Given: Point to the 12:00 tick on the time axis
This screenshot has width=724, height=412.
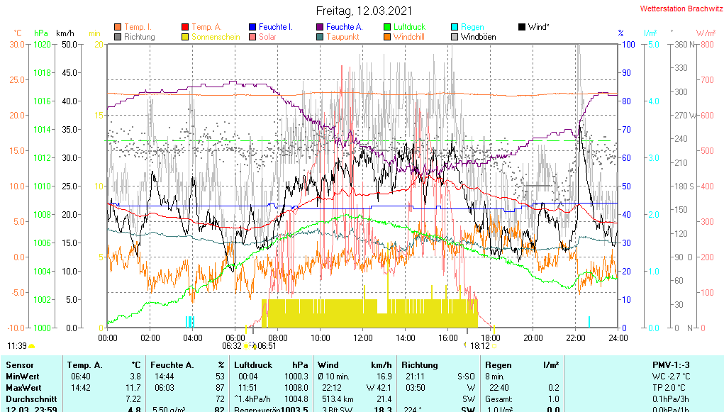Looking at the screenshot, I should (x=362, y=338).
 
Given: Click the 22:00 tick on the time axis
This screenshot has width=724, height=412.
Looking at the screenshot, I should (x=575, y=338).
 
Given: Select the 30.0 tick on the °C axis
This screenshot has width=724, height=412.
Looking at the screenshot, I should (x=17, y=44).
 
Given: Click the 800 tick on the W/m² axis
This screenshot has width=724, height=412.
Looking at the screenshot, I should (x=706, y=44).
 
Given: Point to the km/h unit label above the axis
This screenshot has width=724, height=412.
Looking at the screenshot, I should (x=65, y=33).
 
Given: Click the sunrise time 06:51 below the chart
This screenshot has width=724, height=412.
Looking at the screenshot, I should (x=266, y=346).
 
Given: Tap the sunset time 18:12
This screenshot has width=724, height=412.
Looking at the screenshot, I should (x=480, y=346).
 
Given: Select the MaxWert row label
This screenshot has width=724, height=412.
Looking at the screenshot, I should (x=24, y=388).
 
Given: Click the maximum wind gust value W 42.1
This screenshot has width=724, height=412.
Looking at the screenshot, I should (x=379, y=388).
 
